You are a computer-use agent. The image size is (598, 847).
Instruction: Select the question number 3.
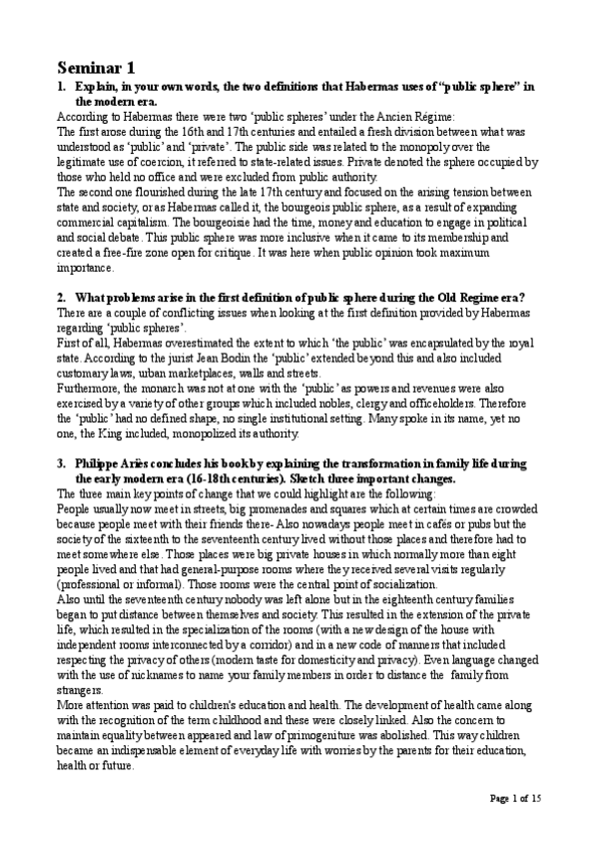pos(61,464)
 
